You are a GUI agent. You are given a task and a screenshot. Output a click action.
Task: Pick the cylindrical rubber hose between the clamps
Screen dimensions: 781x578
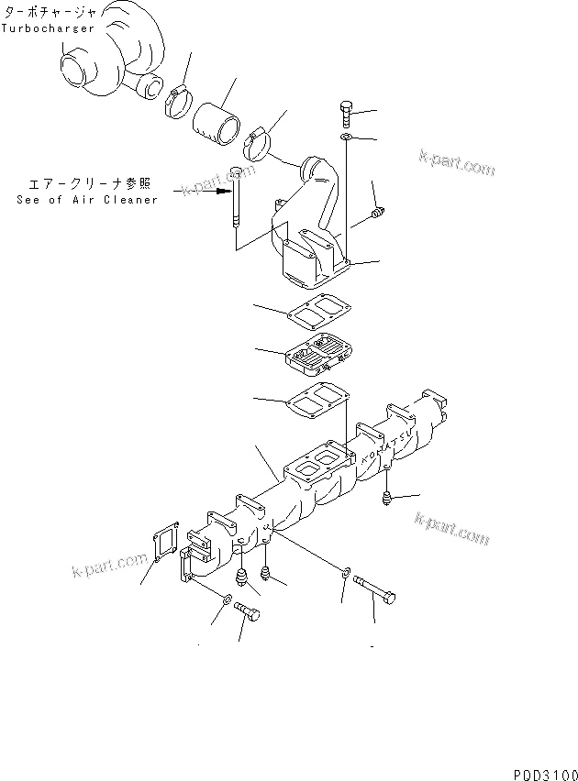click(x=217, y=120)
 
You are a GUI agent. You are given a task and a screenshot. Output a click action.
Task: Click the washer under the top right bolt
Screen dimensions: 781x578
click(x=346, y=137)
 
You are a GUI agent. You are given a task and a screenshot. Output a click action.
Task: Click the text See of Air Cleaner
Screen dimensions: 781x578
click(x=87, y=200)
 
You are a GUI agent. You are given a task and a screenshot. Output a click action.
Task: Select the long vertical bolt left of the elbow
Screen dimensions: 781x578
click(x=236, y=202)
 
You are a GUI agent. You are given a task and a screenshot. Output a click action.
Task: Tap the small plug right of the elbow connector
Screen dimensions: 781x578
click(x=375, y=216)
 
